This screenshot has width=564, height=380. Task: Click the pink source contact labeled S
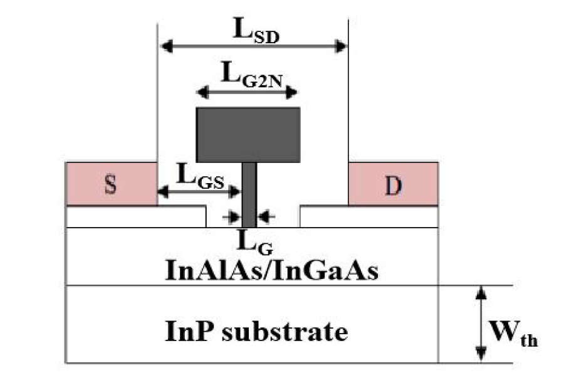click(110, 183)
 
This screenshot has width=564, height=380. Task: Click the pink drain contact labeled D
click(393, 183)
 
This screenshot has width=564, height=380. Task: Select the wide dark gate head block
click(248, 134)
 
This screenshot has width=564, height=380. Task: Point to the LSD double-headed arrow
click(253, 46)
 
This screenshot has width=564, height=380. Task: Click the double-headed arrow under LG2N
click(247, 93)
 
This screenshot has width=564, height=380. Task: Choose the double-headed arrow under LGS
click(199, 189)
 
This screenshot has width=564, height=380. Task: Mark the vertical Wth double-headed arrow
click(480, 322)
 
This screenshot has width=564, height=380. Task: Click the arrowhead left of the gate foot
click(234, 216)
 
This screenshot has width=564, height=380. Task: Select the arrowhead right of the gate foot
click(264, 216)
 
